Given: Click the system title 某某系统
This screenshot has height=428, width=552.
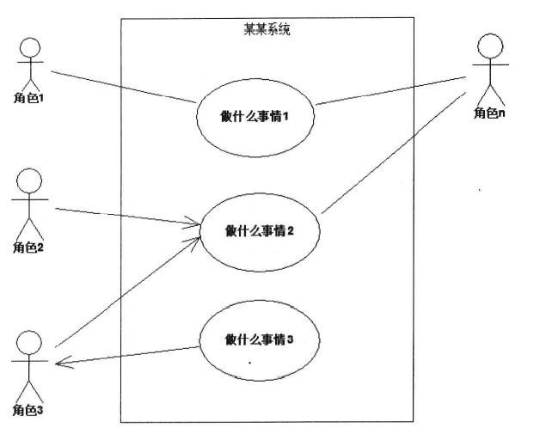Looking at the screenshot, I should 267,30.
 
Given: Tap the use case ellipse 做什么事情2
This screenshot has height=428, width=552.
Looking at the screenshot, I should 259,229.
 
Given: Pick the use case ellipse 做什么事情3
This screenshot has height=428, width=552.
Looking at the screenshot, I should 259,340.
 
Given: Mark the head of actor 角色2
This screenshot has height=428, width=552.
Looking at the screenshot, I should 29,180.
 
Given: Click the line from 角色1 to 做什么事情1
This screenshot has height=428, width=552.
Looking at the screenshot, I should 120,86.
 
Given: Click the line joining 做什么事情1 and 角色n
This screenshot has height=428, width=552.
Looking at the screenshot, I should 391,91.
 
